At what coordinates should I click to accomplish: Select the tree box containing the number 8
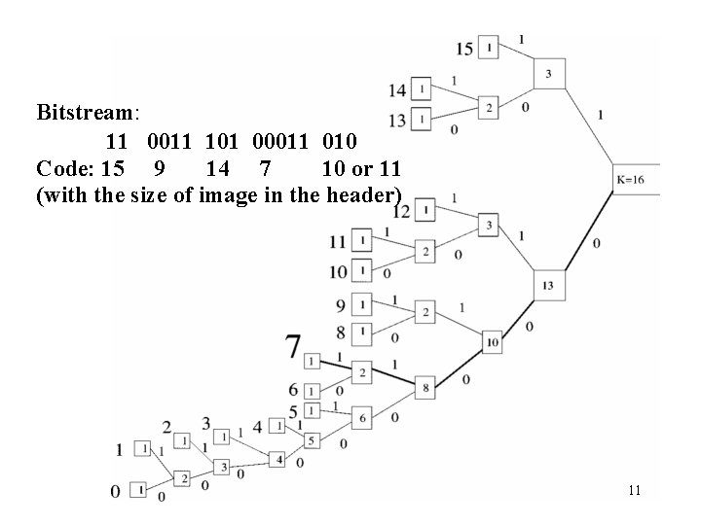pos(426,388)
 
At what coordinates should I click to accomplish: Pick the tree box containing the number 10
pos(493,341)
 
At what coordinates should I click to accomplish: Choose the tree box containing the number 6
pos(361,417)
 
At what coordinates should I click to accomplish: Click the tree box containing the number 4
pos(279,458)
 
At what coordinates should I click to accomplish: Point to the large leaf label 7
pos(293,346)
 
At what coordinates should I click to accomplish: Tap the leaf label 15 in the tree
pos(463,48)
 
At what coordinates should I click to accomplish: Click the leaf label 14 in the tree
pos(397,90)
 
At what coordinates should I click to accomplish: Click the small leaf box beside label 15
pos(489,47)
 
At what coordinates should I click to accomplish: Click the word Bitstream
pos(88,112)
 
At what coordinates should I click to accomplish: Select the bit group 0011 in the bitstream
pos(173,142)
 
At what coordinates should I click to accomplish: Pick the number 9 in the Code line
pos(160,169)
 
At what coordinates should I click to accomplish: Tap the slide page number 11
pos(634,490)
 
